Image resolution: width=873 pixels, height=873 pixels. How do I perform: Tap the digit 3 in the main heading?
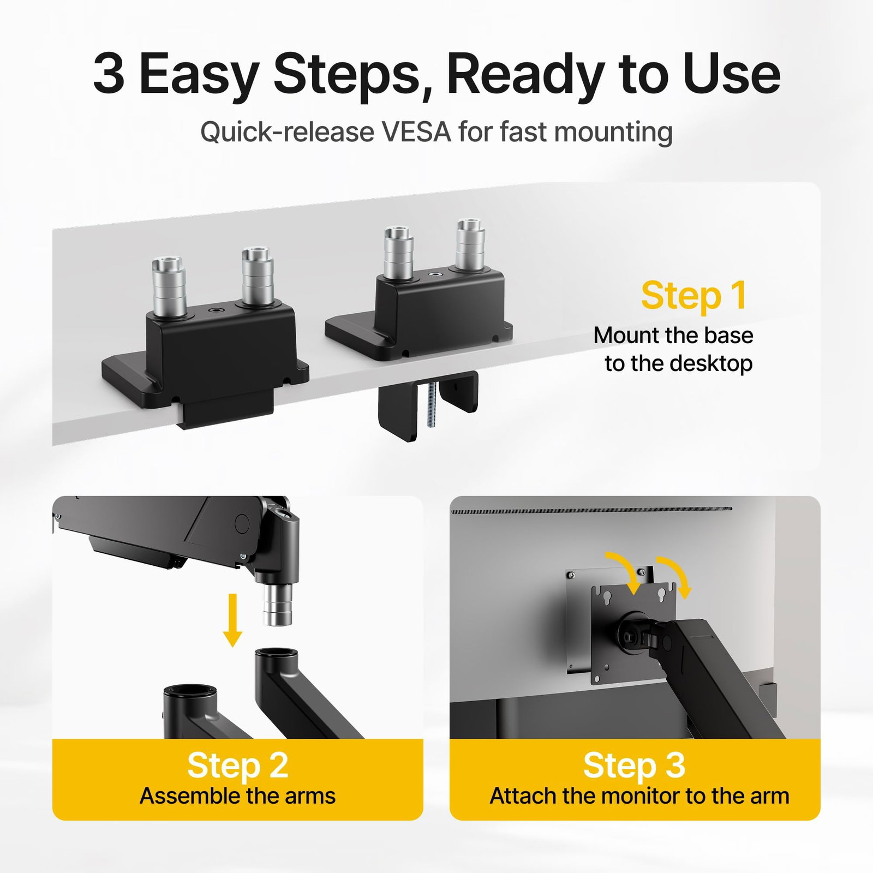(109, 74)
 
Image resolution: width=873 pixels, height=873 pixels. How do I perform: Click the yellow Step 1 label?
(694, 297)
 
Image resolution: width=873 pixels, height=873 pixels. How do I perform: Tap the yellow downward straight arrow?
(233, 620)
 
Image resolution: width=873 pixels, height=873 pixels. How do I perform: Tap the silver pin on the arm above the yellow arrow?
(278, 605)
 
